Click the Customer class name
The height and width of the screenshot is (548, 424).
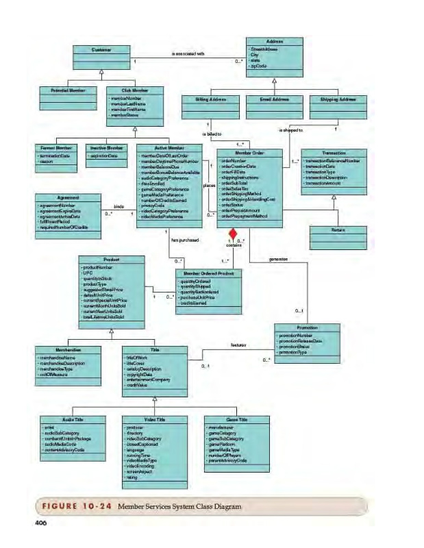(101, 49)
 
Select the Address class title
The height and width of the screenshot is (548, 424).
(274, 41)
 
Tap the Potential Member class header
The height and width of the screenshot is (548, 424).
(67, 90)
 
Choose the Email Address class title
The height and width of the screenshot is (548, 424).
(274, 99)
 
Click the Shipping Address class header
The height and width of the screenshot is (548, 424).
(338, 99)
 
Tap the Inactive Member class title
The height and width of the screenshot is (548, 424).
(106, 147)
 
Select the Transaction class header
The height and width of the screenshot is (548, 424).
(334, 153)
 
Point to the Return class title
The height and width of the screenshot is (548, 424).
(334, 230)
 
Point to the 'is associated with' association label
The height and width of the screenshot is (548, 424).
(188, 53)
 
